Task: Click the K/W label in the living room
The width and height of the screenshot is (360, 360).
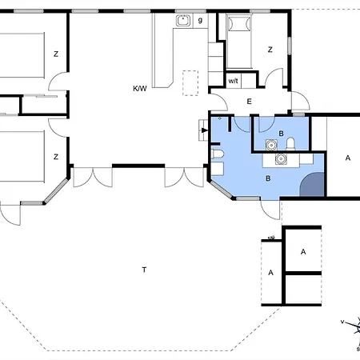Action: click(x=140, y=88)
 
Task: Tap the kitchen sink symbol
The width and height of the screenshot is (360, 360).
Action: click(x=183, y=21)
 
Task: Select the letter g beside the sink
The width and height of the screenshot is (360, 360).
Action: click(x=200, y=20)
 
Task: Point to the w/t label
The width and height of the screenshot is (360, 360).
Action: click(x=233, y=81)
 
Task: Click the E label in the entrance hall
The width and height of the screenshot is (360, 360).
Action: click(x=249, y=102)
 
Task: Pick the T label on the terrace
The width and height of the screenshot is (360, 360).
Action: click(x=144, y=270)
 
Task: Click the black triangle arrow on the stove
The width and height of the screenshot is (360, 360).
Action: click(x=205, y=130)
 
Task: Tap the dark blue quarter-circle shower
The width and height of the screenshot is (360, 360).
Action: click(x=313, y=185)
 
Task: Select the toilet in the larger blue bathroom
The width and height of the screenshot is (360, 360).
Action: click(x=218, y=154)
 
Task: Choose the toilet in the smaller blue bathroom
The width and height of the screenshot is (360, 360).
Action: click(x=290, y=144)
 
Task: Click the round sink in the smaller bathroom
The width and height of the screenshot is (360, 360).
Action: click(x=271, y=145)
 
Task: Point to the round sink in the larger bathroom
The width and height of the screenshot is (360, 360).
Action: click(x=281, y=159)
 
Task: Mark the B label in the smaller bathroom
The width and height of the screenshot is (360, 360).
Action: click(x=281, y=134)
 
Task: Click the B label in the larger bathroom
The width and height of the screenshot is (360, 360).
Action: click(x=268, y=178)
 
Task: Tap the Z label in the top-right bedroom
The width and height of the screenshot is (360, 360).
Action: click(x=270, y=50)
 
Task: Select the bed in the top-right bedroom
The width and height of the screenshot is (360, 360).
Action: click(x=239, y=42)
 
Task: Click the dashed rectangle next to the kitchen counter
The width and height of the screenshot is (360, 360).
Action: click(x=190, y=83)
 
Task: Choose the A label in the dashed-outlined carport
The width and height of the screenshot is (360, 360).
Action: click(x=270, y=273)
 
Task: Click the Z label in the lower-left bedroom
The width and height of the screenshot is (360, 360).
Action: click(x=56, y=157)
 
